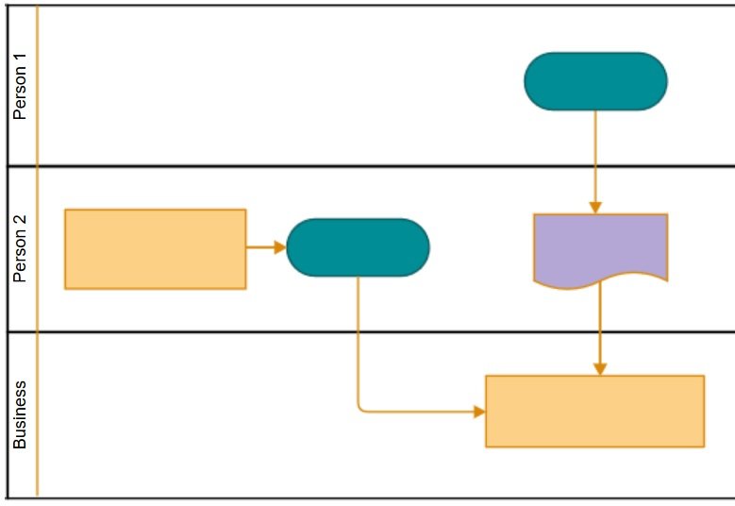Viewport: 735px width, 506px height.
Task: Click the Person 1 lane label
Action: pyautogui.click(x=20, y=86)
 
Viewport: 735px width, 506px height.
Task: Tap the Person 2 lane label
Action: pyautogui.click(x=20, y=249)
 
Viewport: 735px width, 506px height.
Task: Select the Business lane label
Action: pyautogui.click(x=20, y=414)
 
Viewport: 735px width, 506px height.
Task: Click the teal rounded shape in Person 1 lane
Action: pyautogui.click(x=595, y=81)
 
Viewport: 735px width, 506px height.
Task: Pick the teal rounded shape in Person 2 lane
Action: pyautogui.click(x=358, y=247)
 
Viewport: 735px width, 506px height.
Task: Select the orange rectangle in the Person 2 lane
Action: pyautogui.click(x=155, y=248)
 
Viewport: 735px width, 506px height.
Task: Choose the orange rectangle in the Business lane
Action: pyautogui.click(x=594, y=411)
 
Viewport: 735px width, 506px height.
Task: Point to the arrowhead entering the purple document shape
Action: pyautogui.click(x=595, y=207)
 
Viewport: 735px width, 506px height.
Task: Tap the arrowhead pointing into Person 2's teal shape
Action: pyautogui.click(x=279, y=247)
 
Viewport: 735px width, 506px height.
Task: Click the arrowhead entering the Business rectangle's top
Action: pyautogui.click(x=600, y=368)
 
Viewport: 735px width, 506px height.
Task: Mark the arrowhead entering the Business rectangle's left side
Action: pyautogui.click(x=479, y=412)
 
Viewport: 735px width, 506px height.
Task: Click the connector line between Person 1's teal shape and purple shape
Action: pyautogui.click(x=595, y=156)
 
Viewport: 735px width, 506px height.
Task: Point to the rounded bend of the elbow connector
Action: pyautogui.click(x=360, y=409)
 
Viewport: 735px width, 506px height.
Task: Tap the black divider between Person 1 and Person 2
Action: pyautogui.click(x=377, y=166)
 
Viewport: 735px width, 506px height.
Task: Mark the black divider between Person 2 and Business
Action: pyautogui.click(x=377, y=331)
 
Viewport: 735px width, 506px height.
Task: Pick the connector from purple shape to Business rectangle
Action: pyautogui.click(x=600, y=326)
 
